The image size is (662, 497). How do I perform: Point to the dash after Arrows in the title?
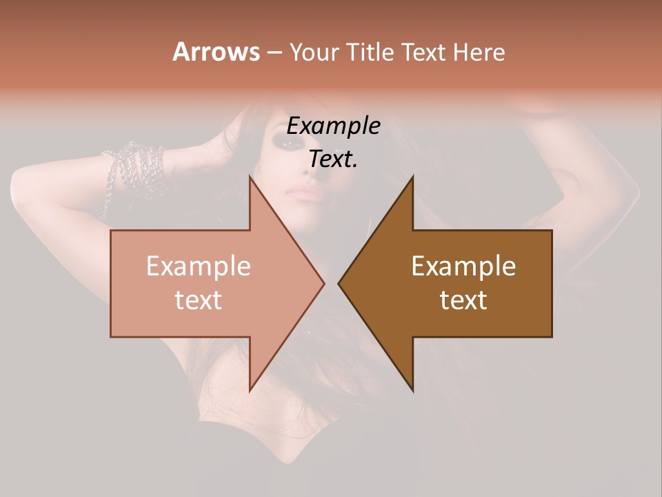[x=274, y=52]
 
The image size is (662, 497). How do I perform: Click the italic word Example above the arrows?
[x=333, y=126]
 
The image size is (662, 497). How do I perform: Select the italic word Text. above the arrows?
[x=333, y=159]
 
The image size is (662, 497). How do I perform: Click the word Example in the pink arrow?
[x=199, y=266]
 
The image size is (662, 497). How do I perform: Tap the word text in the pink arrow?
[x=199, y=300]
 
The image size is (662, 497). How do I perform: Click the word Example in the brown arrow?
[x=463, y=266]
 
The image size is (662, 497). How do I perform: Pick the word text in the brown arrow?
[x=463, y=300]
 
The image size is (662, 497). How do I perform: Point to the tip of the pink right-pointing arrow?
[x=324, y=283]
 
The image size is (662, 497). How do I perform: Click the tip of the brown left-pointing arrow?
[x=339, y=283]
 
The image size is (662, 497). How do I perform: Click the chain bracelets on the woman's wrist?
[x=134, y=169]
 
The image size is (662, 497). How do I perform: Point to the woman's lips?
[x=309, y=193]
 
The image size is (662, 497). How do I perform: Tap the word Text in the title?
[x=423, y=52]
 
